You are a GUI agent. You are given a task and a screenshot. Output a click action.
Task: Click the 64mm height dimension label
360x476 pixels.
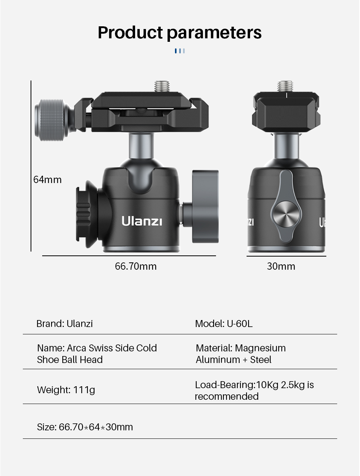pos(48,180)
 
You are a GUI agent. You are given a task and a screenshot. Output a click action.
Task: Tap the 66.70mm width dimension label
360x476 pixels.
pos(136,266)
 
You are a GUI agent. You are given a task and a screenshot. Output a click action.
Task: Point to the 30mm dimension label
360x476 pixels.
pos(281,266)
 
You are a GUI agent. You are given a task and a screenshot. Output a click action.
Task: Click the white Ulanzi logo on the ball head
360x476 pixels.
pos(142,221)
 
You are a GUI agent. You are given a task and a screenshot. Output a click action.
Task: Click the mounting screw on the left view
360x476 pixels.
pos(162,86)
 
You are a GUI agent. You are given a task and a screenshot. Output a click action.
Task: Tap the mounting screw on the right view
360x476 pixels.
pos(285,86)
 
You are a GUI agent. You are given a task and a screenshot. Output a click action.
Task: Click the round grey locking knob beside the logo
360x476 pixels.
pos(205,206)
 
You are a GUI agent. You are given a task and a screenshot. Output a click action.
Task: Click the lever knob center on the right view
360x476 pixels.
pos(286,214)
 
